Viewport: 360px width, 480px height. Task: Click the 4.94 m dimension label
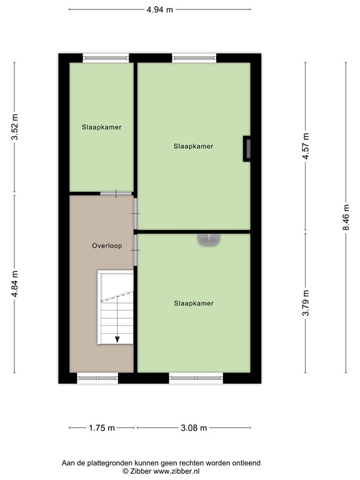pyautogui.click(x=159, y=9)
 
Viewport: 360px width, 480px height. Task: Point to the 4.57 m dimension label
pyautogui.click(x=306, y=147)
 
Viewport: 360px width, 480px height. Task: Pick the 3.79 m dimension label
pyautogui.click(x=306, y=303)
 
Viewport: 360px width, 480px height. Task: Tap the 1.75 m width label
pyautogui.click(x=101, y=427)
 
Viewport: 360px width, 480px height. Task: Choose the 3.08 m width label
pyautogui.click(x=193, y=427)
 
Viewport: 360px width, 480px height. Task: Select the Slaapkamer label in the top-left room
pyautogui.click(x=101, y=127)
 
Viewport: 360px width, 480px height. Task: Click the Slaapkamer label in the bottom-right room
pyautogui.click(x=194, y=303)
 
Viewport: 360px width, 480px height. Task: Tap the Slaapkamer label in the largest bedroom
pyautogui.click(x=194, y=146)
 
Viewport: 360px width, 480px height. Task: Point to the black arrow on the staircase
pyautogui.click(x=117, y=338)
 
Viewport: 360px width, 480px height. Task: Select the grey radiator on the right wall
pyautogui.click(x=247, y=149)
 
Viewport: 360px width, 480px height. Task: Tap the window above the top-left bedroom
pyautogui.click(x=106, y=57)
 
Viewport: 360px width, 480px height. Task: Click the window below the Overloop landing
pyautogui.click(x=97, y=377)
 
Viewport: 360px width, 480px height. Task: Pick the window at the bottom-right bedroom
pyautogui.click(x=196, y=377)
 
